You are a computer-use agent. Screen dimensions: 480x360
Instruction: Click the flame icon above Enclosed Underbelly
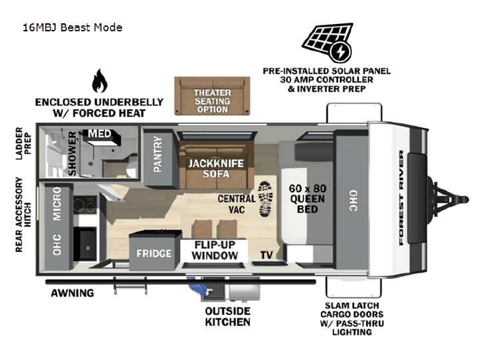(99, 81)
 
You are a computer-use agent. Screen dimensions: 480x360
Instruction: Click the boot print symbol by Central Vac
(265, 199)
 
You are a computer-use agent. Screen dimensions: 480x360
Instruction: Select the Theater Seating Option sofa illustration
(212, 96)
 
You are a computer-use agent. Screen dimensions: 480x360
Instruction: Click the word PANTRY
(157, 154)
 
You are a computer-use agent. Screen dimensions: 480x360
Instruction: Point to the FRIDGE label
(154, 253)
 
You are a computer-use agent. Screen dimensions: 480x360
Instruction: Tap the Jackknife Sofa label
(216, 169)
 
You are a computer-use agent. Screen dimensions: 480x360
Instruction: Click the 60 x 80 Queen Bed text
(307, 199)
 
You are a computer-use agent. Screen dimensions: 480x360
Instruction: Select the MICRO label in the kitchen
(57, 204)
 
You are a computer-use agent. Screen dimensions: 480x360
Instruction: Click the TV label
(266, 255)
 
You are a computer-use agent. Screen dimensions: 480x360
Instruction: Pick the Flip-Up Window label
(215, 250)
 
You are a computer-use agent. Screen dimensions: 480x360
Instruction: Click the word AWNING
(72, 293)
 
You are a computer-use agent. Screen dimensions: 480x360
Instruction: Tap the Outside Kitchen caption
(228, 317)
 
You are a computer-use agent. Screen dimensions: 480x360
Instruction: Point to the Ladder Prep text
(23, 143)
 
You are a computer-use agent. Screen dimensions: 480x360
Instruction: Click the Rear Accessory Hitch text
(23, 214)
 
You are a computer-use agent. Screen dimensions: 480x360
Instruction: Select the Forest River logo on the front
(401, 197)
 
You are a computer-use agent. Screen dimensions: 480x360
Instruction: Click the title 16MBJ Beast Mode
(73, 27)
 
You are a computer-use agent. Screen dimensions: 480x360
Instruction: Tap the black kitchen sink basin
(85, 245)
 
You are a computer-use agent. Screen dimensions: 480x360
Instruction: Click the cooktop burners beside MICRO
(85, 205)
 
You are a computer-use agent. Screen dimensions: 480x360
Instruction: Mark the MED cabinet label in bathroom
(99, 133)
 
